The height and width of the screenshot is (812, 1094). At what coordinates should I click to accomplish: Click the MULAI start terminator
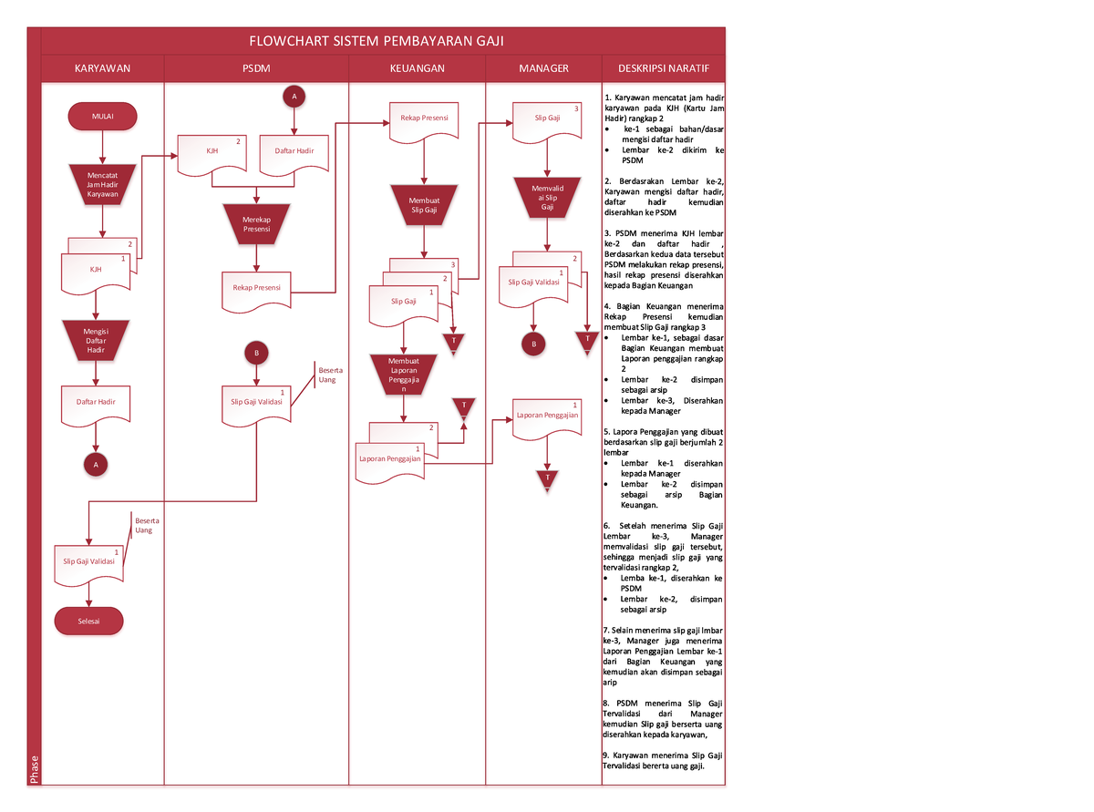pyautogui.click(x=102, y=116)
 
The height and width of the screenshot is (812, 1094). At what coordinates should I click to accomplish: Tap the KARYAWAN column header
pyautogui.click(x=102, y=68)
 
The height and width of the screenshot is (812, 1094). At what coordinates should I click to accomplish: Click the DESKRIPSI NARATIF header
pyautogui.click(x=663, y=68)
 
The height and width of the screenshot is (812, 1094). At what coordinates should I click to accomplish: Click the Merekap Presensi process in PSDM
pyautogui.click(x=256, y=224)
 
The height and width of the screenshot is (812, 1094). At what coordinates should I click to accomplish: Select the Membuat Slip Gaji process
pyautogui.click(x=424, y=204)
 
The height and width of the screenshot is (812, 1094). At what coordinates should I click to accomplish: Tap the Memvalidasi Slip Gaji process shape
pyautogui.click(x=547, y=196)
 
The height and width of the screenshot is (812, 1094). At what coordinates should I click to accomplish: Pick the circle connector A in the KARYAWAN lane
pyautogui.click(x=92, y=464)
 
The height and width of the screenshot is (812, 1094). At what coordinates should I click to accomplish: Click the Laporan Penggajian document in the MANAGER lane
pyautogui.click(x=547, y=416)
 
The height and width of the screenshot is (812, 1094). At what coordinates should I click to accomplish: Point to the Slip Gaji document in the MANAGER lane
pyautogui.click(x=547, y=122)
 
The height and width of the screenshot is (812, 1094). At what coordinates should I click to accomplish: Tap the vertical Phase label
pyautogui.click(x=35, y=769)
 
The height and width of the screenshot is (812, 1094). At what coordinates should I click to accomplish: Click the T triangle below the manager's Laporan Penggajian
pyautogui.click(x=547, y=479)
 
